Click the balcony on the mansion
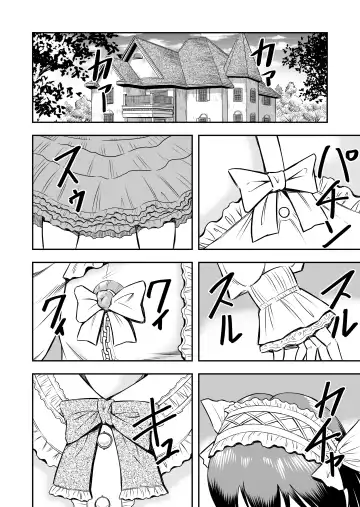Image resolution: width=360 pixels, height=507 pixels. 147,99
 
